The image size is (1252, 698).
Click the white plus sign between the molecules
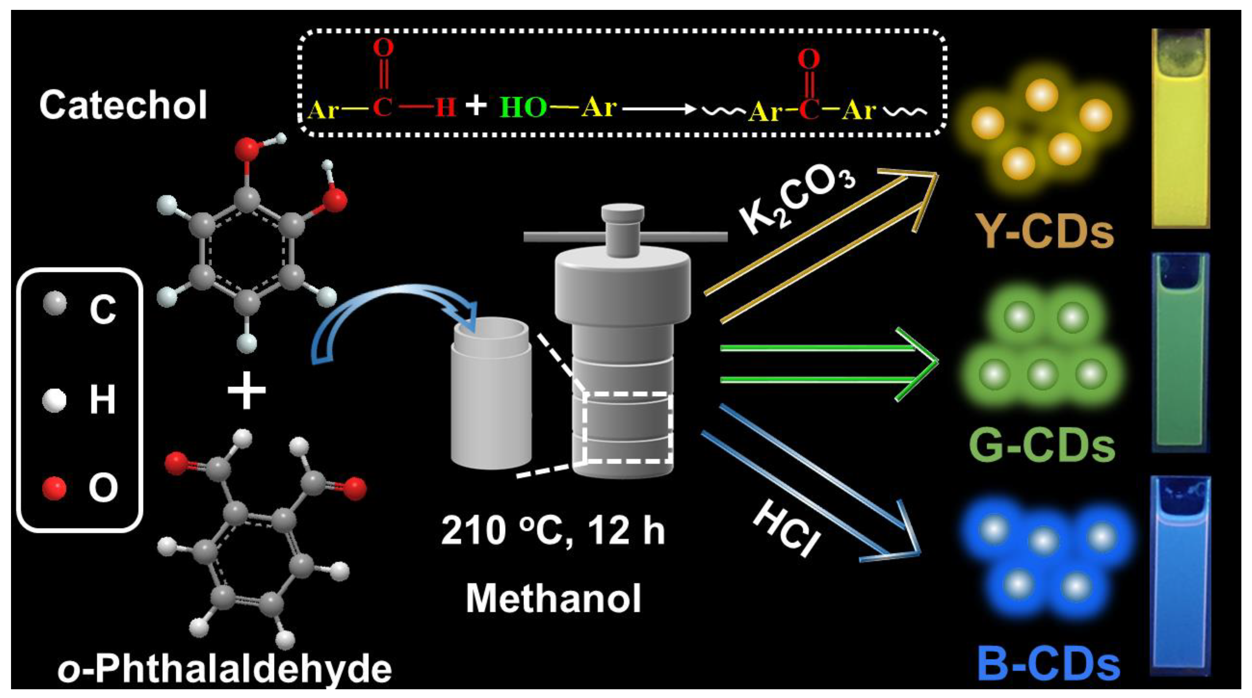pyautogui.click(x=247, y=390)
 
